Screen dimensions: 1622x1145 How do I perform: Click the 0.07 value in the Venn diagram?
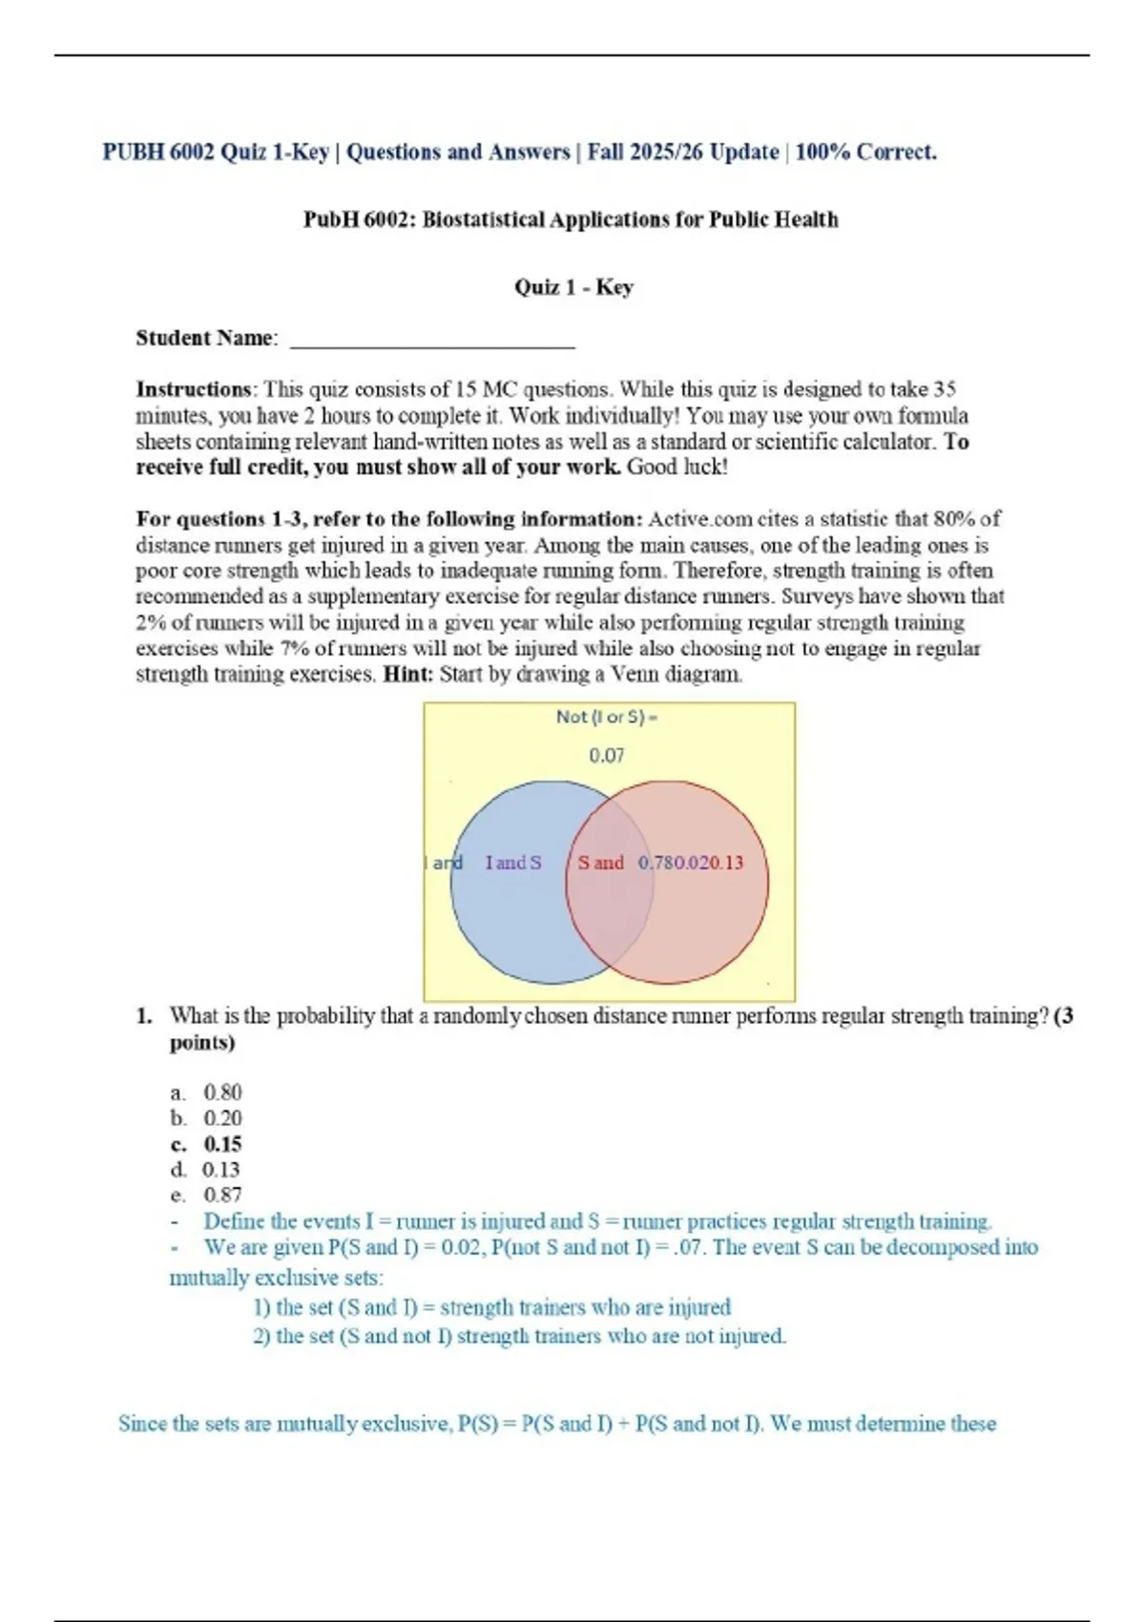(607, 756)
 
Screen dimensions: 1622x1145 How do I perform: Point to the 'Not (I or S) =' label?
(607, 717)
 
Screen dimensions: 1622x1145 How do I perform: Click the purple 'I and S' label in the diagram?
(513, 863)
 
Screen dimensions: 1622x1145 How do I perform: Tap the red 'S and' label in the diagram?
(600, 863)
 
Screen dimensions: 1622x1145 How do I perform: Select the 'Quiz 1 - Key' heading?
(573, 287)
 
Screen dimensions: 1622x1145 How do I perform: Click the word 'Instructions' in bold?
(194, 389)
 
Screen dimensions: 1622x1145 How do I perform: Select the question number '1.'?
(144, 1016)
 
